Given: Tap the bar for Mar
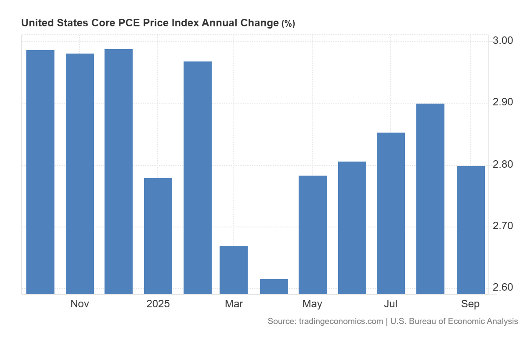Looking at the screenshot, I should (234, 270).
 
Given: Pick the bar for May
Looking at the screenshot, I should (313, 234).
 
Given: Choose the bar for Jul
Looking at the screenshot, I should (391, 213).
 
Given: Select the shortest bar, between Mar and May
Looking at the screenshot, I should (274, 286).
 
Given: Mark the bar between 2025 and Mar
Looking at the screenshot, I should (198, 177).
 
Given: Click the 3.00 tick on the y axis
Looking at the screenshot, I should (502, 41).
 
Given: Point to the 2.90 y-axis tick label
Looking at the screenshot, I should (502, 102).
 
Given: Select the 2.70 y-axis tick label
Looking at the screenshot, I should (502, 226).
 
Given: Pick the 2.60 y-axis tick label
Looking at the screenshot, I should (502, 288).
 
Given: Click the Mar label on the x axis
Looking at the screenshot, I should (234, 304).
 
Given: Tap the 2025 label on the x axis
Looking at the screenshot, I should (158, 304).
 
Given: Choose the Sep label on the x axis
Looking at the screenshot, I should (471, 304).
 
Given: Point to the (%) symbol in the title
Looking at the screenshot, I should (288, 24).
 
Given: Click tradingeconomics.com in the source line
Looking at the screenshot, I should (341, 321).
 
